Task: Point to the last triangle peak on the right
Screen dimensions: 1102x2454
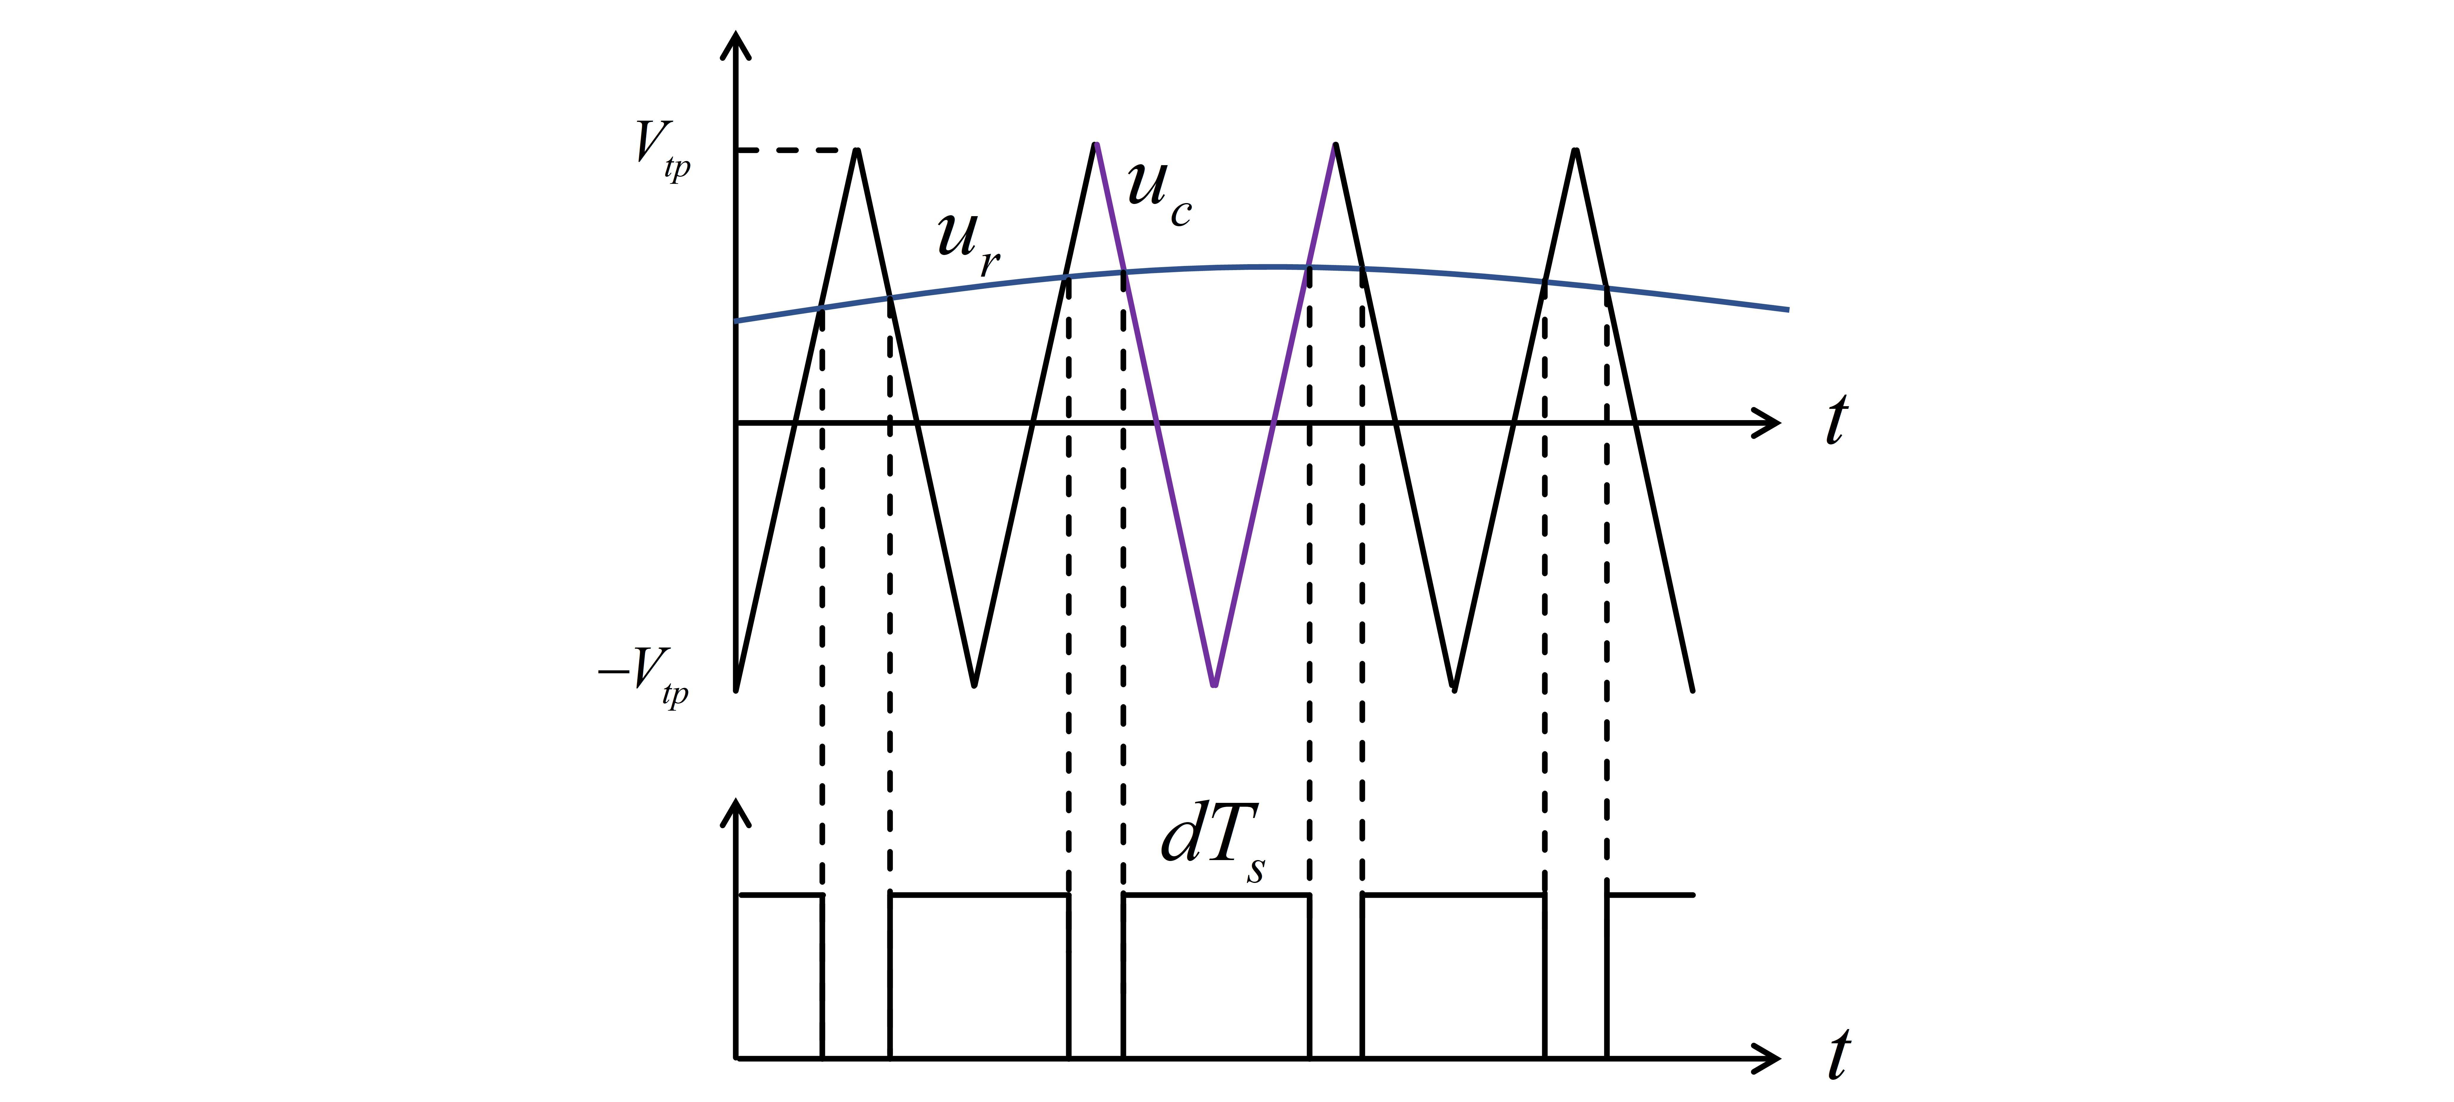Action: click(1576, 151)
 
